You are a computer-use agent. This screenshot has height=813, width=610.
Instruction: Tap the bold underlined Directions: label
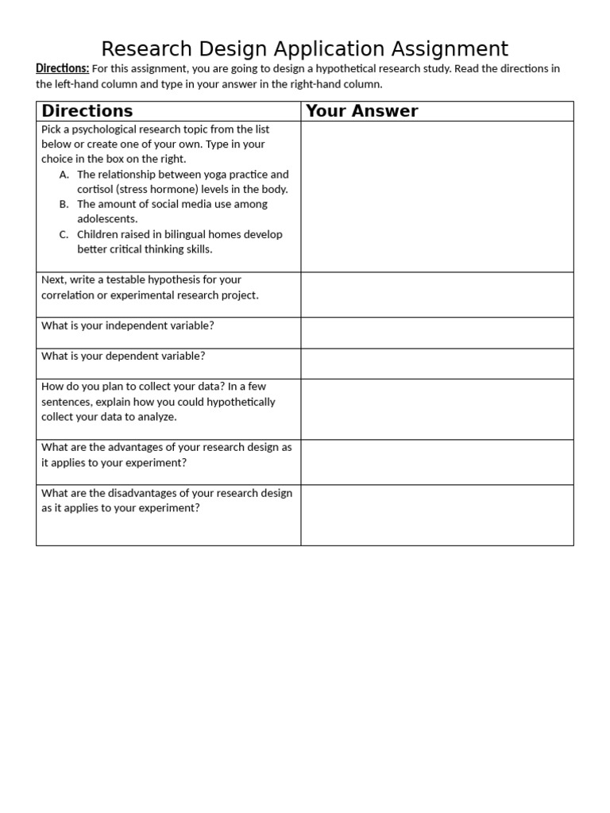coord(63,68)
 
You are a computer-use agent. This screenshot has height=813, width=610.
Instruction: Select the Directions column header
coord(87,111)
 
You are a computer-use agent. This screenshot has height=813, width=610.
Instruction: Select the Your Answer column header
coord(361,111)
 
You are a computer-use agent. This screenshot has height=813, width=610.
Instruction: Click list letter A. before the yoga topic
coord(64,174)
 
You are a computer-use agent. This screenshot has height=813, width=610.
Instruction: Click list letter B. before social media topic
coord(64,204)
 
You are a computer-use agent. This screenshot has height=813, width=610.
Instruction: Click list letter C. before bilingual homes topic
coord(64,234)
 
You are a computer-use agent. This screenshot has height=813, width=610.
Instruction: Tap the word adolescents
coord(107,219)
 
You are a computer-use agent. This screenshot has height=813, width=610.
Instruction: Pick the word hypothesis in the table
coord(187,279)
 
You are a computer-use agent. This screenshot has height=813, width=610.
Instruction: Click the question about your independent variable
coord(128,326)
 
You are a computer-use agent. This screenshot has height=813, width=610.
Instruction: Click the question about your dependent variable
coord(123,356)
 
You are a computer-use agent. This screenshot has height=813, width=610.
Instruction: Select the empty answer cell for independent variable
coord(437,333)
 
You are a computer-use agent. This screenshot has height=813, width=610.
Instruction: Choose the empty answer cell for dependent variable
coord(437,363)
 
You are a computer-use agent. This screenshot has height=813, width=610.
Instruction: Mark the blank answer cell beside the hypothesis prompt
coord(437,295)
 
